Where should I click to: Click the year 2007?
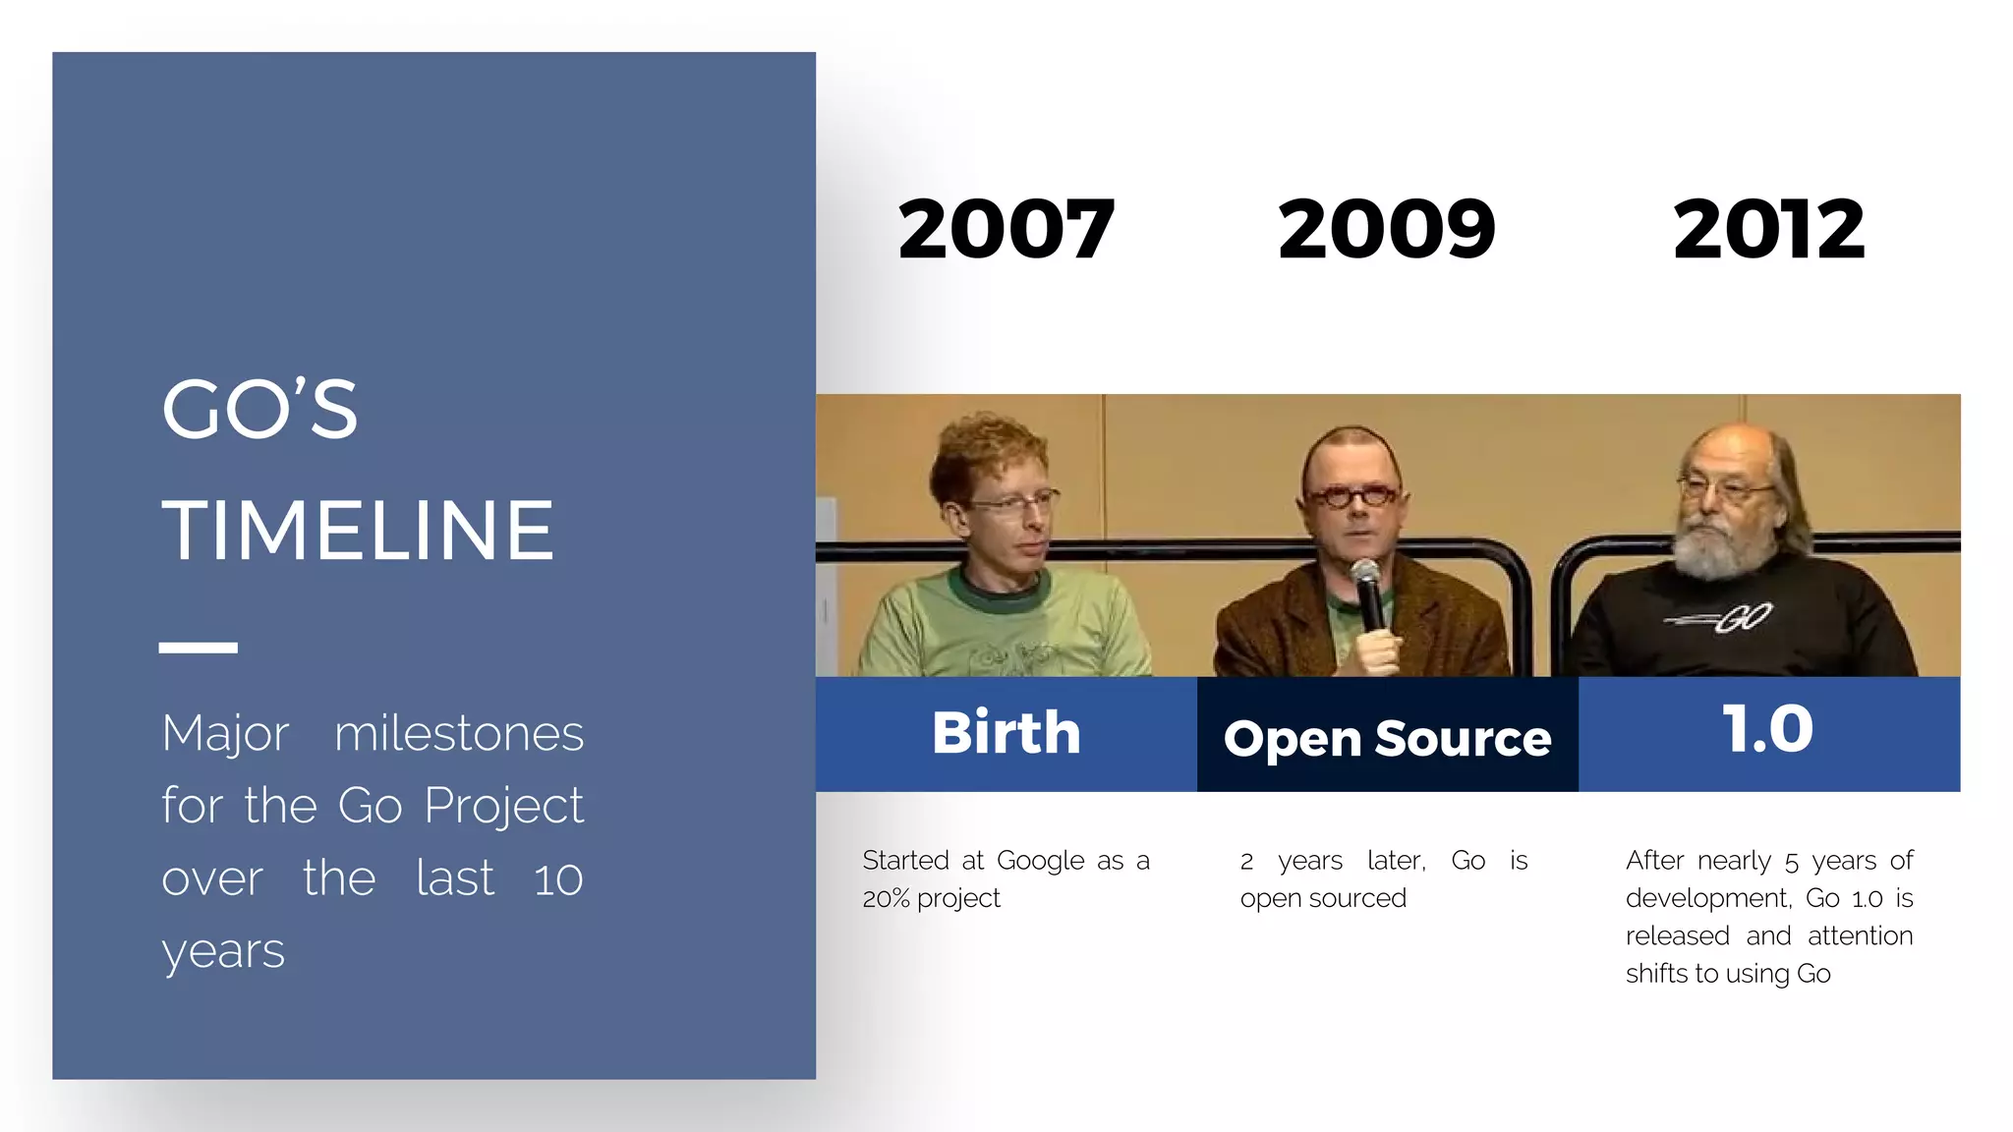(x=1006, y=229)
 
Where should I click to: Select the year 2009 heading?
(x=1386, y=229)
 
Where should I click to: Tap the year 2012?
(x=1768, y=229)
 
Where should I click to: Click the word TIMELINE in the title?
(x=358, y=531)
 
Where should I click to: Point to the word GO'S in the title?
(x=259, y=410)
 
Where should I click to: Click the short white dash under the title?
(x=199, y=648)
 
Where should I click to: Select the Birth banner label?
(x=1006, y=733)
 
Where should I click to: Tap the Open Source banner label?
(x=1387, y=738)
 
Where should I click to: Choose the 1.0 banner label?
(x=1767, y=729)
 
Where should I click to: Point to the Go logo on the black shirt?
(x=1730, y=618)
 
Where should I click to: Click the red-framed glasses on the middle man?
(x=1352, y=496)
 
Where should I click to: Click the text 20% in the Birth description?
(x=886, y=899)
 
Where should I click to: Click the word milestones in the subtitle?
(x=459, y=734)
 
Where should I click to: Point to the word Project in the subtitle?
(x=503, y=807)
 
